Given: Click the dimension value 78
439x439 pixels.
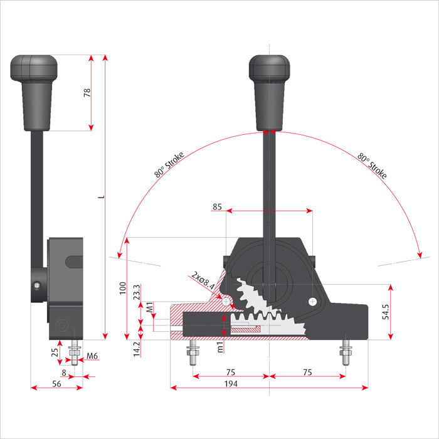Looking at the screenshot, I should click(x=87, y=92).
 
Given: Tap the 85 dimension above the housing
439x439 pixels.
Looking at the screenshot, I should click(x=217, y=206).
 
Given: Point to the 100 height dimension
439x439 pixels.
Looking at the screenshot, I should click(x=123, y=289).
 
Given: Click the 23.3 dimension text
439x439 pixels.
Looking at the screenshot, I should click(x=138, y=292).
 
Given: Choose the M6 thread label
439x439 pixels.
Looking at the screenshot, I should click(x=92, y=357).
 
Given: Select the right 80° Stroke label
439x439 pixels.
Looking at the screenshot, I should click(x=371, y=165).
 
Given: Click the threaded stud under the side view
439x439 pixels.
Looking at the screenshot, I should click(x=75, y=355).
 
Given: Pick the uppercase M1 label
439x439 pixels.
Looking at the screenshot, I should click(x=150, y=307).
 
